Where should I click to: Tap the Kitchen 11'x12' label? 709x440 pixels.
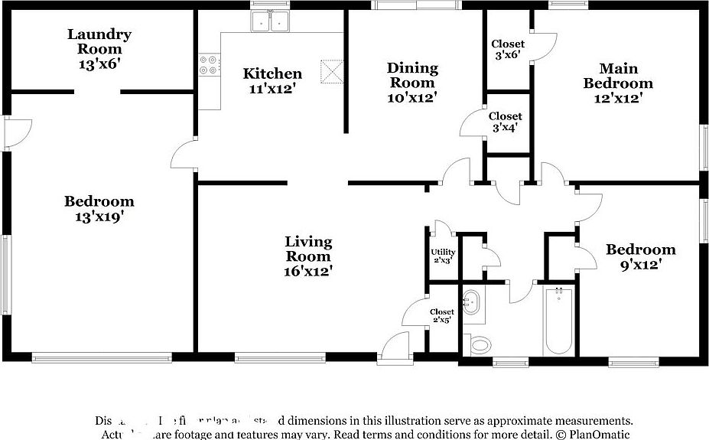click(272, 80)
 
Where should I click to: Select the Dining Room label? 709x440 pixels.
click(412, 83)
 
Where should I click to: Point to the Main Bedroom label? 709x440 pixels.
click(618, 83)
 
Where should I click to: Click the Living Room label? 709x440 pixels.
click(309, 256)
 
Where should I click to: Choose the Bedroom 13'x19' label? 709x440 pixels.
click(99, 208)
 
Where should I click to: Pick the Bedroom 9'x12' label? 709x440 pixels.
click(640, 256)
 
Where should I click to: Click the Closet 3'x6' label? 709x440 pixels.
click(507, 50)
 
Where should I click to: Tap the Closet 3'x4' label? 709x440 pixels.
click(506, 122)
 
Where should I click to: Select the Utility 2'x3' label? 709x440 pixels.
click(443, 256)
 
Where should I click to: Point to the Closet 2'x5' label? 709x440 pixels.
click(441, 315)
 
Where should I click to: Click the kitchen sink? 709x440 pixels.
click(270, 22)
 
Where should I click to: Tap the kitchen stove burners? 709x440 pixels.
click(208, 64)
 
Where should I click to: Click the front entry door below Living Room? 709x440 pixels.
click(396, 347)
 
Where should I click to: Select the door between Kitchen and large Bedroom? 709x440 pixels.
click(184, 157)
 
